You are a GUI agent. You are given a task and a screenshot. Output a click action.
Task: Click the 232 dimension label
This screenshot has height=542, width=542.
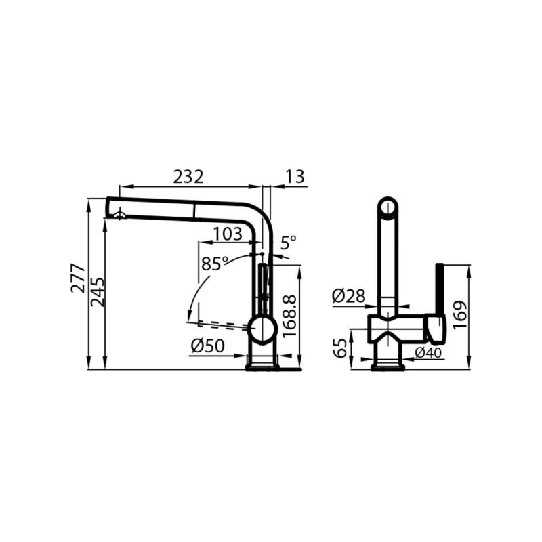click(188, 177)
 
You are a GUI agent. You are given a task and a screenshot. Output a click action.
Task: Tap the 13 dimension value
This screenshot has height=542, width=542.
click(294, 177)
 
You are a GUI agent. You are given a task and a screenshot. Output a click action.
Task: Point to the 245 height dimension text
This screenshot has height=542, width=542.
click(98, 291)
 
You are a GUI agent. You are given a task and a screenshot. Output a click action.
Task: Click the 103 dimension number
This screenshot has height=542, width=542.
click(227, 234)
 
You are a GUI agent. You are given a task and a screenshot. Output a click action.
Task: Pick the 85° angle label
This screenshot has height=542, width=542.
click(215, 264)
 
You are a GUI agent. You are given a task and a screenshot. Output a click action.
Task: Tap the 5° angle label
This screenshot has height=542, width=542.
click(289, 242)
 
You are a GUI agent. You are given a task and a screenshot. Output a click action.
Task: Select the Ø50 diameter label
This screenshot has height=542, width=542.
click(207, 346)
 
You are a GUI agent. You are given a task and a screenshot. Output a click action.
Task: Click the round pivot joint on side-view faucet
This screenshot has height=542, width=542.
click(262, 330)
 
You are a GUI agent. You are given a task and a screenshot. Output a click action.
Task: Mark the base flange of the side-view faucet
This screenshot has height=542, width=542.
click(262, 367)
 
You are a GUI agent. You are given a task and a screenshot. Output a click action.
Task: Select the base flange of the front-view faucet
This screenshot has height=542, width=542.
click(388, 367)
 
